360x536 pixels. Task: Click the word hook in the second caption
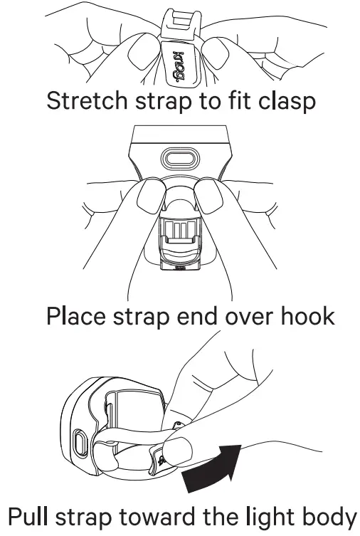pyautogui.click(x=304, y=315)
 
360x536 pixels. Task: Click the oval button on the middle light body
pyautogui.click(x=180, y=157)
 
